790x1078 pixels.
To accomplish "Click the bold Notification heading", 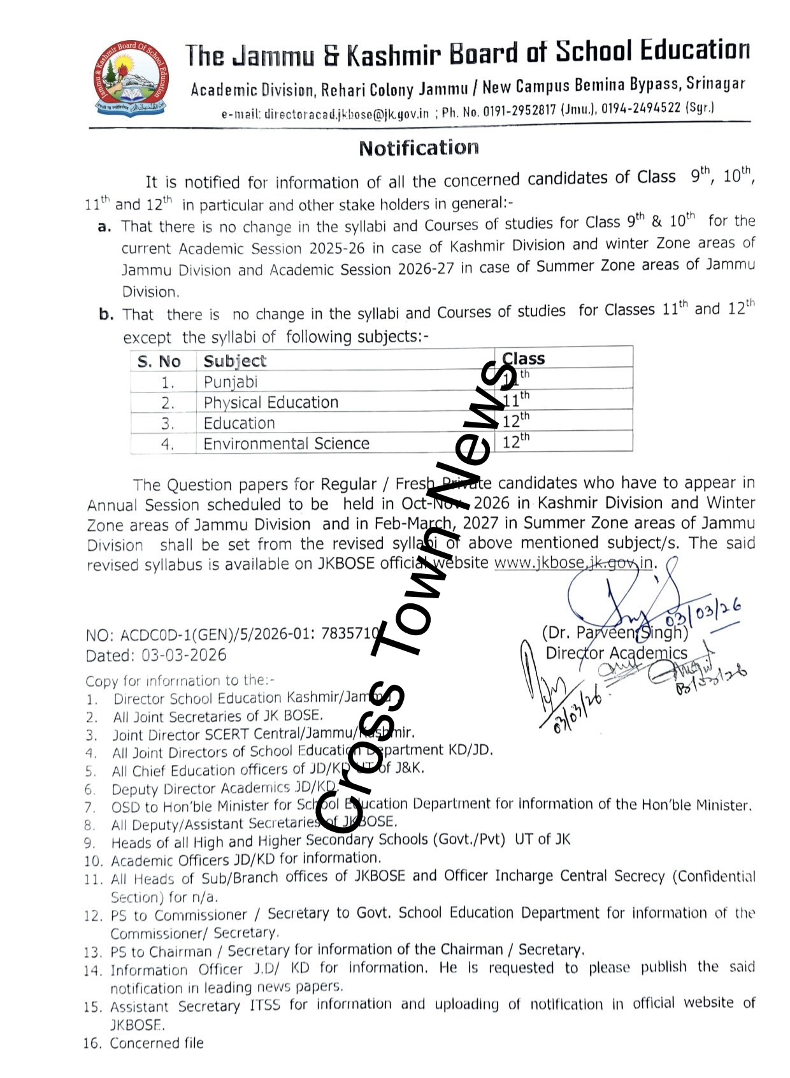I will click(x=419, y=148).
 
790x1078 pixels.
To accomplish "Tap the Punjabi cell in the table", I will click(x=231, y=382).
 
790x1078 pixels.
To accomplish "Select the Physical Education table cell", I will click(x=271, y=403).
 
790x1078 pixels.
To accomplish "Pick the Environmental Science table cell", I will click(x=286, y=443).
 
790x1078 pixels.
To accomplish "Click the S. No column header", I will click(x=159, y=362).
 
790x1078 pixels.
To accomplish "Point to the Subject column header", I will click(x=234, y=361).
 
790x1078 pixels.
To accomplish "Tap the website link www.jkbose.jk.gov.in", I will click(x=574, y=563).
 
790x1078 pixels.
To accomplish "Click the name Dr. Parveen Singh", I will click(x=615, y=633).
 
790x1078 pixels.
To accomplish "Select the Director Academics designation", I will click(x=616, y=653).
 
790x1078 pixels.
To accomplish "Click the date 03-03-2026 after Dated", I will click(x=184, y=655).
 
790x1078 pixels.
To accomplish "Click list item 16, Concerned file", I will click(x=156, y=1043).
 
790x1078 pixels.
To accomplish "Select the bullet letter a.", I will click(x=105, y=227).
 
